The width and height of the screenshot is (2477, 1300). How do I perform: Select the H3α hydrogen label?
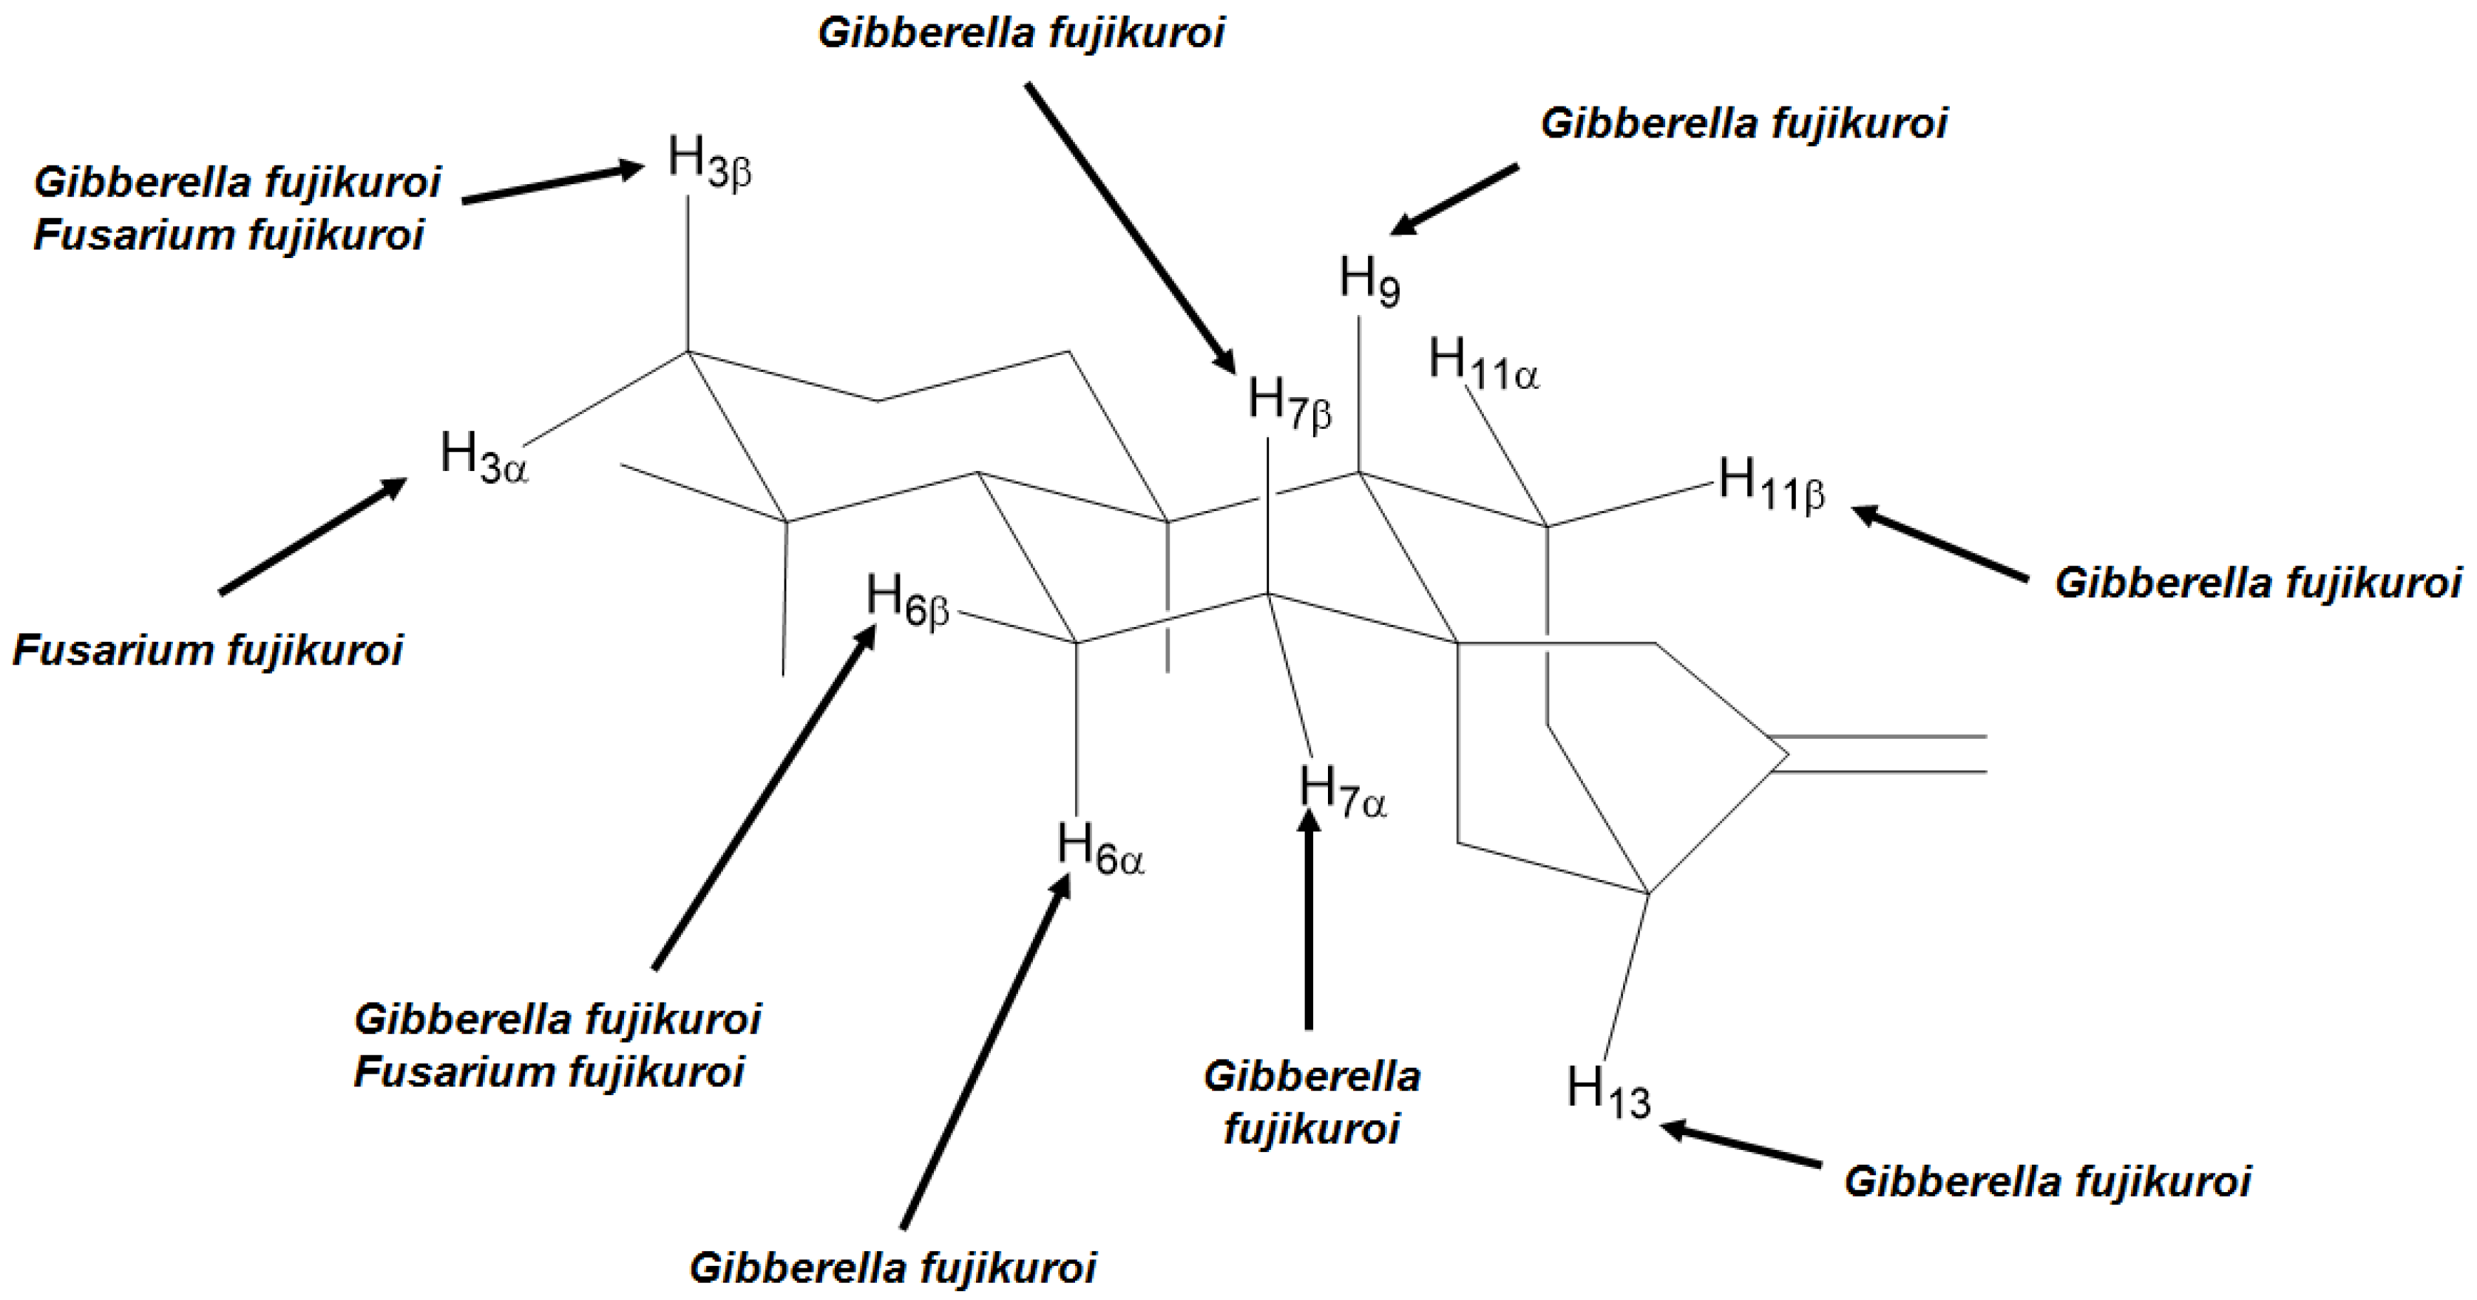(x=484, y=457)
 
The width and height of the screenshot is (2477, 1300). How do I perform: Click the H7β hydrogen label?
(x=1290, y=402)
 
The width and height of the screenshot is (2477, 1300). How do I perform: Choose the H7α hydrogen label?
(x=1342, y=790)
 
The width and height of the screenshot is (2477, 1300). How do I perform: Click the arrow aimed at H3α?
(x=313, y=535)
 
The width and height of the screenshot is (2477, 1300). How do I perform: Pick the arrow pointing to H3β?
(x=553, y=185)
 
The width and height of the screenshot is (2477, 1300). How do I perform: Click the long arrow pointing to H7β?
(x=1131, y=227)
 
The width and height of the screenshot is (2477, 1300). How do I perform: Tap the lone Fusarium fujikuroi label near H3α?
(x=208, y=651)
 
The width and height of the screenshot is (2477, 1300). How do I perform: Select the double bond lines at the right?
(x=1880, y=754)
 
